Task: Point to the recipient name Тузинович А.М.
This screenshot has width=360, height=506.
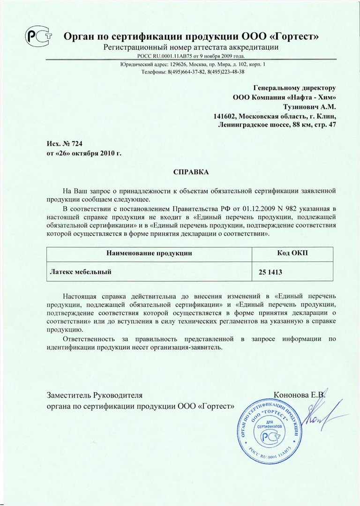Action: click(313, 107)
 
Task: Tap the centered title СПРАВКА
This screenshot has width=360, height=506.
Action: click(191, 172)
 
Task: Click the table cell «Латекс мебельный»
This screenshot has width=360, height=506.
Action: click(80, 271)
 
